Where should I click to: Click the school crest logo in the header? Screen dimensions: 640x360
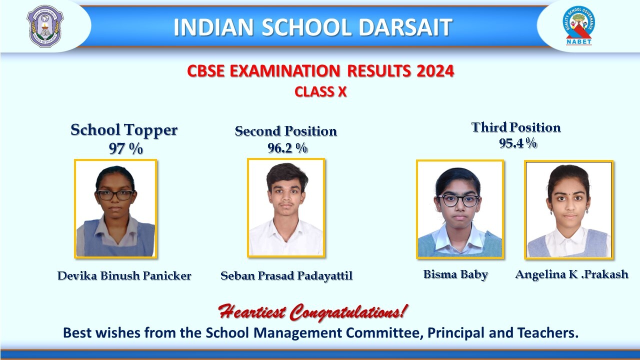(x=45, y=26)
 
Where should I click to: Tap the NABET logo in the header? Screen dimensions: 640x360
(x=578, y=25)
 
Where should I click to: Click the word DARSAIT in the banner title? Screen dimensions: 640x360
(x=405, y=27)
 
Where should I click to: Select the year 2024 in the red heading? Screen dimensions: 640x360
(x=435, y=71)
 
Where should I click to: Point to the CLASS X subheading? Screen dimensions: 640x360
(x=320, y=92)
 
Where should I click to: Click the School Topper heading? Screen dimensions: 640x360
(x=124, y=130)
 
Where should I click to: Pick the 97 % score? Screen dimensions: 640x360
(x=125, y=148)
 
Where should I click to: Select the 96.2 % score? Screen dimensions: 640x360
(x=287, y=148)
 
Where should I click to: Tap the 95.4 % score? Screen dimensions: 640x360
(x=517, y=143)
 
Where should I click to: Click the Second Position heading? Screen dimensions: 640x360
(x=285, y=131)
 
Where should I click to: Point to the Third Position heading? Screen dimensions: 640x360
(x=516, y=127)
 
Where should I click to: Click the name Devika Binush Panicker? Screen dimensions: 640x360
(x=124, y=275)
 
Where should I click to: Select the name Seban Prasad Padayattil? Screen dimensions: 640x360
(x=286, y=275)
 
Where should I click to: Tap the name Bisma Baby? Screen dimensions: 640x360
(x=455, y=274)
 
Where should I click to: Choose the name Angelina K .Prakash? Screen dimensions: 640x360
(x=571, y=274)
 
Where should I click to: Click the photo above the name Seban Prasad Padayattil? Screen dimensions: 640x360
(x=286, y=208)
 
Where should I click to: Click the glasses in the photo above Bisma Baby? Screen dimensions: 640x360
(x=458, y=200)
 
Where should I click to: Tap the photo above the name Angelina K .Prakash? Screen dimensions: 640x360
(x=569, y=209)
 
